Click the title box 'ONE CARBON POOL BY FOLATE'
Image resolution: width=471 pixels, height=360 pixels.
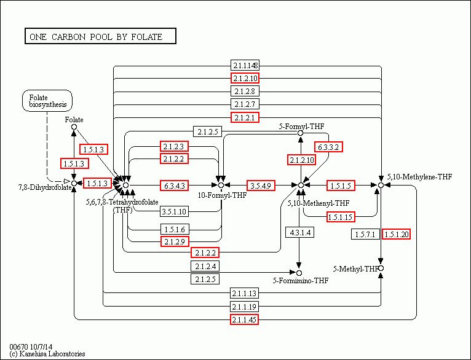point(100,37)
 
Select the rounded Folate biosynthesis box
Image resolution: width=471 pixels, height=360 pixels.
point(47,101)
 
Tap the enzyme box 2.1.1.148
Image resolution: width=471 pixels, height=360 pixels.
point(245,66)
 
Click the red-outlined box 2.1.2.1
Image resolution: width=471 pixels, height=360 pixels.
point(245,117)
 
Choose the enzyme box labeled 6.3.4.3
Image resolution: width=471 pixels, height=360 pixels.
point(175,185)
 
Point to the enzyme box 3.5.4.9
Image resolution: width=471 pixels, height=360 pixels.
point(261,185)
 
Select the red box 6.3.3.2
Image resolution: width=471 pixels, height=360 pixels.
point(329,147)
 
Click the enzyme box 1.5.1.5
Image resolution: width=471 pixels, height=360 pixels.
point(340,185)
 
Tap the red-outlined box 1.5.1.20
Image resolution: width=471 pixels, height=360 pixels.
point(396,235)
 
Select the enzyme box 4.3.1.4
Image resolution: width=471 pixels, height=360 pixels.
point(299,232)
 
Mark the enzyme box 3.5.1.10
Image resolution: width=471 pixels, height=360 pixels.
point(175,211)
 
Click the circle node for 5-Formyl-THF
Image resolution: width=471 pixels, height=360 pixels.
point(301,133)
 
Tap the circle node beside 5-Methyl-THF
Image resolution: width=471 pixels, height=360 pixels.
point(381,268)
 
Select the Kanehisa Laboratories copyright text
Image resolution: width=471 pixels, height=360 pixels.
point(47,354)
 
